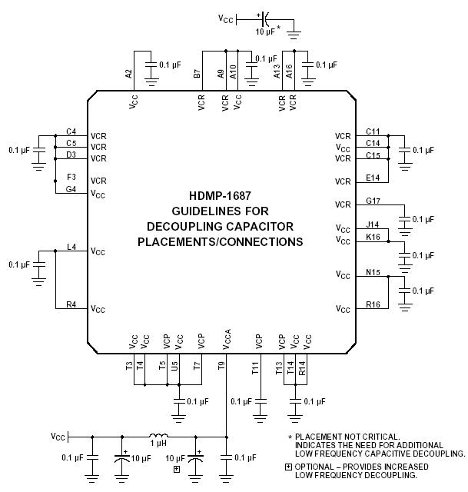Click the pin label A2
tap(129, 74)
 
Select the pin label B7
tap(197, 74)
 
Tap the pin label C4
tap(71, 131)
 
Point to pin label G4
tap(71, 189)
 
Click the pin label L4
tap(71, 247)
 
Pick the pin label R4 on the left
tap(71, 304)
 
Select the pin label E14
tap(373, 178)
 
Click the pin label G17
tap(373, 201)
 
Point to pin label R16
tap(373, 304)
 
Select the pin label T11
tap(254, 367)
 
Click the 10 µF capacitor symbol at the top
tap(264, 17)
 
